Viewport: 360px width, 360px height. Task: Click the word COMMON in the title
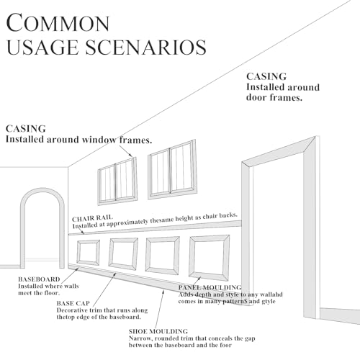click(x=58, y=23)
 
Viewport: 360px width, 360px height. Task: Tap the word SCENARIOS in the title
click(x=145, y=47)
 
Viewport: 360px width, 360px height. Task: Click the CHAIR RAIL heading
click(x=92, y=218)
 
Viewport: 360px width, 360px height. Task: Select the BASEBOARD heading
click(x=39, y=279)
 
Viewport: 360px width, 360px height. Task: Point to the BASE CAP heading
click(x=73, y=303)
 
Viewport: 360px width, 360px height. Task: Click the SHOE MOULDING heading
click(x=158, y=331)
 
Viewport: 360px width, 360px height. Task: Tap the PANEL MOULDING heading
click(x=210, y=287)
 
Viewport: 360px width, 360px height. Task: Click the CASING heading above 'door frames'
click(x=266, y=76)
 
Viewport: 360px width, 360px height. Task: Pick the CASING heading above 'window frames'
click(x=26, y=129)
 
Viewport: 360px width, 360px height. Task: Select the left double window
click(x=117, y=181)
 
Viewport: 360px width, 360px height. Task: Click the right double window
click(x=173, y=169)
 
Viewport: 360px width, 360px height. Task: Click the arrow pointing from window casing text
click(x=126, y=151)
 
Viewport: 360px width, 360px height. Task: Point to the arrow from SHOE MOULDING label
click(x=160, y=309)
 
